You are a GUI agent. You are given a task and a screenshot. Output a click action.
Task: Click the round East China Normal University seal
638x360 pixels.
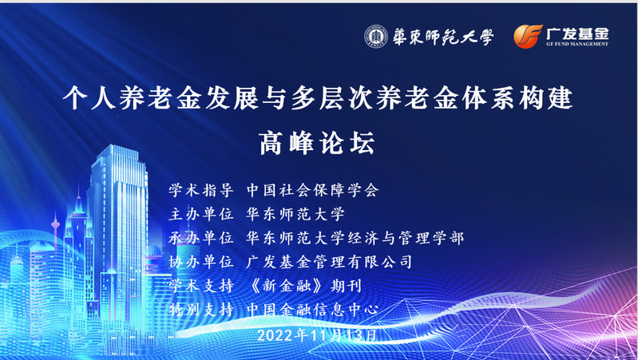click(x=376, y=37)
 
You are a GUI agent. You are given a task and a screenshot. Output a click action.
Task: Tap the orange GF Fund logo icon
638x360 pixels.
click(x=528, y=36)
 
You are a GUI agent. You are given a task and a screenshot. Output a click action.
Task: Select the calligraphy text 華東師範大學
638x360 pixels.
click(x=442, y=37)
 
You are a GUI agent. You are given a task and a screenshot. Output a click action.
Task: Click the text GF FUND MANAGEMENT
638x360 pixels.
click(x=577, y=44)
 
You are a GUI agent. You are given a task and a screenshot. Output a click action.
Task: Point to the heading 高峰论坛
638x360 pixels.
click(x=317, y=144)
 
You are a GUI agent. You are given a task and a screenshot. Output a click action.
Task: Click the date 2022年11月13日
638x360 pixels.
click(x=317, y=335)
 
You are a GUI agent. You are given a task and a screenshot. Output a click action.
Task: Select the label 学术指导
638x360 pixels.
click(x=201, y=190)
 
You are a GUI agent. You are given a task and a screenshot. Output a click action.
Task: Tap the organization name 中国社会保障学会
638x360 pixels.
click(x=312, y=190)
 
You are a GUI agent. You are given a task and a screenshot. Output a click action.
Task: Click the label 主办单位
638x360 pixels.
click(x=201, y=214)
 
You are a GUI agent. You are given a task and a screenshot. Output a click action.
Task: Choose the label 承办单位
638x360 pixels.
click(x=201, y=238)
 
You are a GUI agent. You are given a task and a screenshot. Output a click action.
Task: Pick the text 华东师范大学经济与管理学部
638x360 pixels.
click(x=355, y=238)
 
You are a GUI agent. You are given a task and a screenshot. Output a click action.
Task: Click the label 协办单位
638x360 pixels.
click(x=201, y=262)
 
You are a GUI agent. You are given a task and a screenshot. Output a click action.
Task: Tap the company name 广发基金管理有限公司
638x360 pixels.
click(x=329, y=262)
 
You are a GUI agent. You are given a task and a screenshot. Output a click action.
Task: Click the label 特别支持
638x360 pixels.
click(x=201, y=310)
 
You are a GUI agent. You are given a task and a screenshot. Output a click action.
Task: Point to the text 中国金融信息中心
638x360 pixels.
click(x=312, y=310)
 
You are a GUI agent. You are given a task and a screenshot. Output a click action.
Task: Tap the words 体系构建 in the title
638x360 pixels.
click(x=517, y=98)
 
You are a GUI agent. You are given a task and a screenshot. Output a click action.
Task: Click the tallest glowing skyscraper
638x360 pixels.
click(x=119, y=227)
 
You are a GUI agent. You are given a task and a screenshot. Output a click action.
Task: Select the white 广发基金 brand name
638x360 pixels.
click(x=577, y=33)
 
